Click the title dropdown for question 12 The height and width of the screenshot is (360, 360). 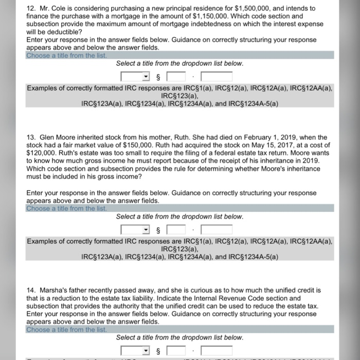pos(136,77)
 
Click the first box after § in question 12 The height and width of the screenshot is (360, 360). pos(175,77)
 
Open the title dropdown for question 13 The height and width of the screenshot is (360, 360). pos(136,230)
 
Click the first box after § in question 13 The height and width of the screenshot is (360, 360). pos(175,230)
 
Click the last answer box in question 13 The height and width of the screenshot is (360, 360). pos(217,230)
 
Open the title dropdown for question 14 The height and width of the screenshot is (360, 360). pos(136,351)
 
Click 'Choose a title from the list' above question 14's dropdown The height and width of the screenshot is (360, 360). pos(66,330)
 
